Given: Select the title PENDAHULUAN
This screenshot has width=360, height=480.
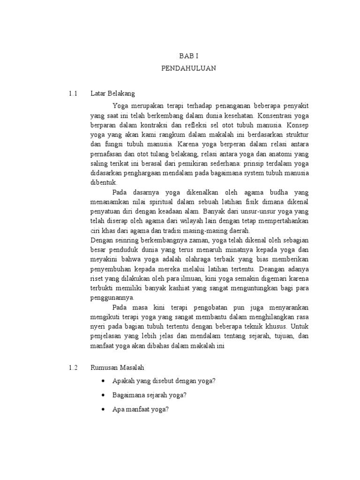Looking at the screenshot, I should coord(188,68).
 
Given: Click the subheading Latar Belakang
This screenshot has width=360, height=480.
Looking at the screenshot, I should coord(112,93).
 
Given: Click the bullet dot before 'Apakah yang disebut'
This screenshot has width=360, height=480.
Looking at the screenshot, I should coord(103,381).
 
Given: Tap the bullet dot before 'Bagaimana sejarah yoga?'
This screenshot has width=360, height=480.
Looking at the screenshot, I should coord(103,395).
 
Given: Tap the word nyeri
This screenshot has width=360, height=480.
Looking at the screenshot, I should coord(98,327).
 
